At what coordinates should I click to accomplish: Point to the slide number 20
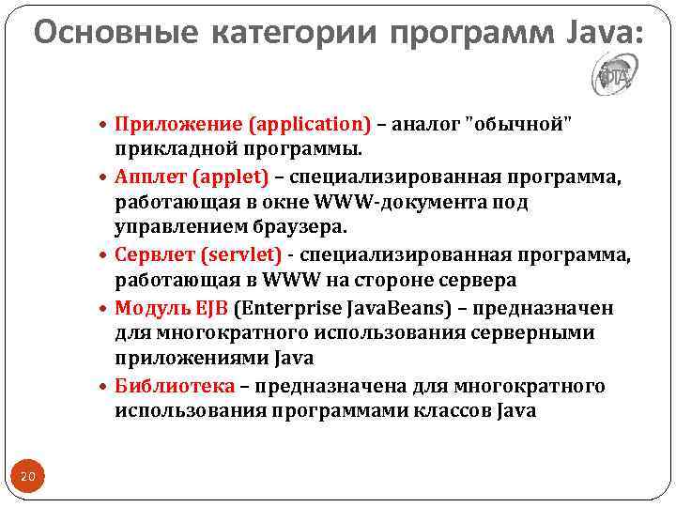coord(28,478)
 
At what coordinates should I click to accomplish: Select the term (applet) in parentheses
coord(231,177)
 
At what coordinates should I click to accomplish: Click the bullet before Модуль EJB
coord(104,308)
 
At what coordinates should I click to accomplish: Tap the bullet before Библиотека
coord(104,387)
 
